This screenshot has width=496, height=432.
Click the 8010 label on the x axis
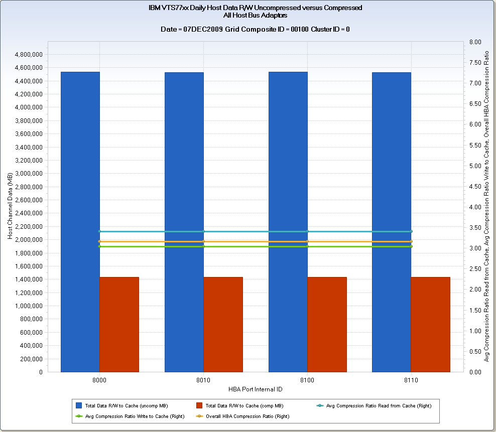pos(203,381)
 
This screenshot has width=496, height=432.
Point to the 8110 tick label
pos(411,381)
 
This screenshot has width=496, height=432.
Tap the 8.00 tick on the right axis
pos(475,42)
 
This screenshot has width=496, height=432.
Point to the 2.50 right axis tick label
pos(475,269)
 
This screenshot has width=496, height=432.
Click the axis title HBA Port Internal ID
pos(255,389)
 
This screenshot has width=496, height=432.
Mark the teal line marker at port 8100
pos(307,231)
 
